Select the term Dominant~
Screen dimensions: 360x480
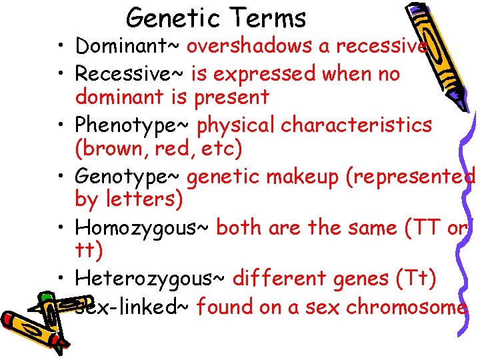point(128,46)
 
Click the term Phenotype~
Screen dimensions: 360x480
point(133,125)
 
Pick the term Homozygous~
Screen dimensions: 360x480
point(143,228)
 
